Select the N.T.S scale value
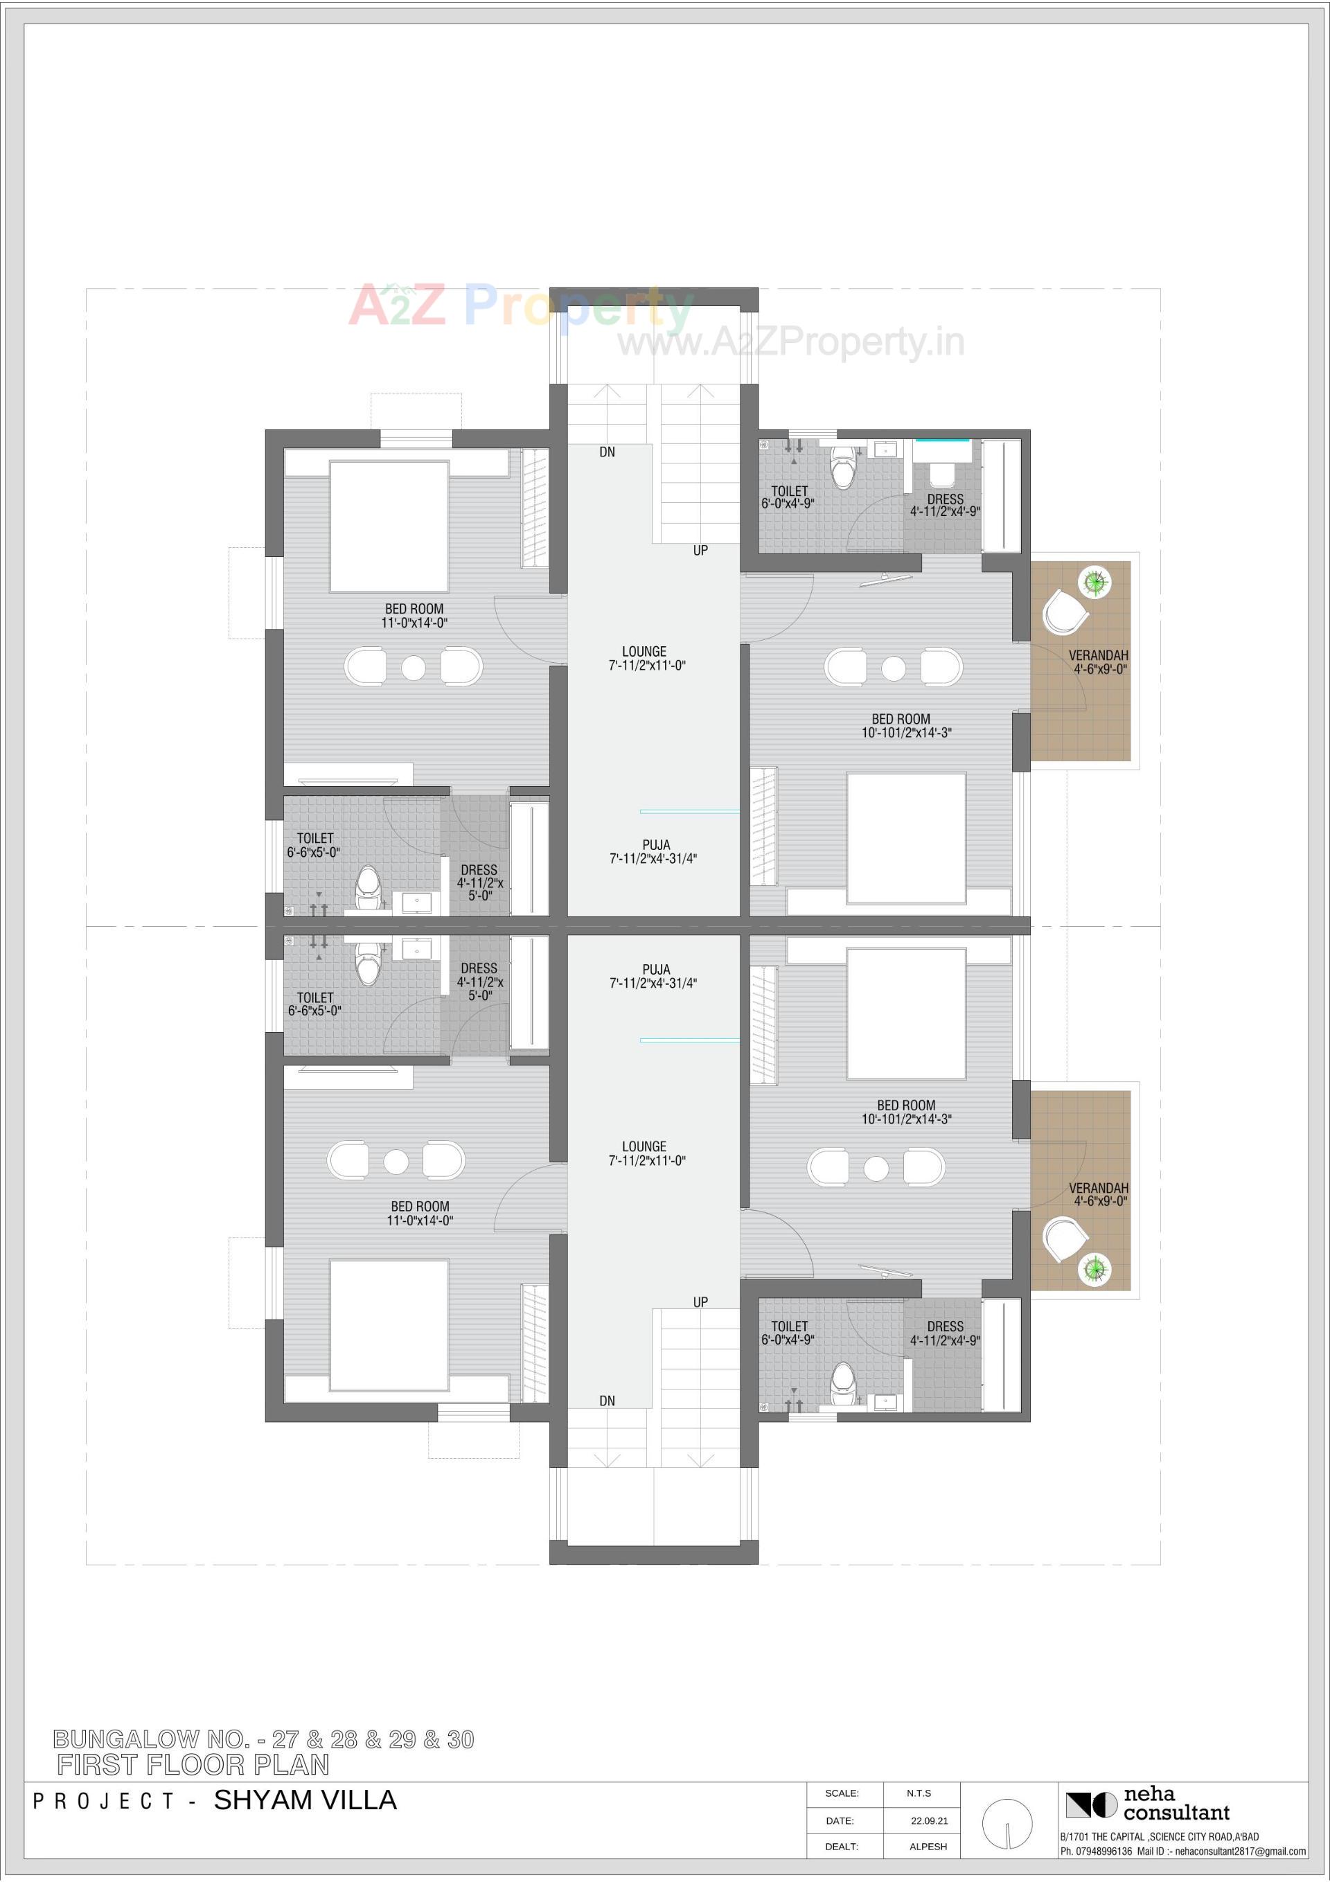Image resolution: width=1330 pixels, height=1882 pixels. point(919,1793)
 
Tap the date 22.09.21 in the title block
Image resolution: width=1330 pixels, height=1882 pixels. point(929,1820)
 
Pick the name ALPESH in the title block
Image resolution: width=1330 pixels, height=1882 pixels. point(928,1847)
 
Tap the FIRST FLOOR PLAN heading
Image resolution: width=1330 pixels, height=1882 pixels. point(193,1765)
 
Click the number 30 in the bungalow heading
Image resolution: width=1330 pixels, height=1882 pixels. point(460,1740)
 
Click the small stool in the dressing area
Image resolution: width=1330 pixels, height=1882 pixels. point(941,474)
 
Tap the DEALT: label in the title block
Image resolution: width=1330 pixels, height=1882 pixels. point(842,1847)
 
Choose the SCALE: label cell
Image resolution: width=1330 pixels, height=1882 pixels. point(842,1793)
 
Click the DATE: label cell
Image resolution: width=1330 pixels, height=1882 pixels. point(840,1820)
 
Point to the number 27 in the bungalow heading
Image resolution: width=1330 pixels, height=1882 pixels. point(285,1740)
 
